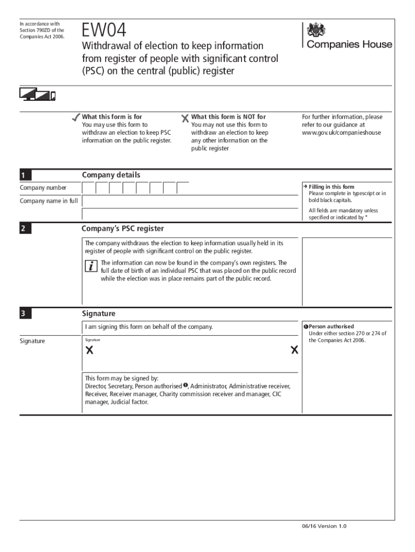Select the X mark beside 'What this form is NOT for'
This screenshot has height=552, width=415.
point(185,118)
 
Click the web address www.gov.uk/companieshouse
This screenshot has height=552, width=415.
point(341,133)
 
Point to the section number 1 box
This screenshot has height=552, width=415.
point(25,175)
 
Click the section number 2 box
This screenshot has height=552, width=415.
point(25,229)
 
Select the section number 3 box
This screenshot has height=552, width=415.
point(25,314)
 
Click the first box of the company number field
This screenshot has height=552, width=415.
point(89,188)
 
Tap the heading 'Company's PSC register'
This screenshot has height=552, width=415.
point(123,229)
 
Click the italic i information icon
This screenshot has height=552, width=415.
point(92,266)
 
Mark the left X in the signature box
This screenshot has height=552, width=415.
point(89,350)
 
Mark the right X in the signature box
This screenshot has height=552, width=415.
point(294,350)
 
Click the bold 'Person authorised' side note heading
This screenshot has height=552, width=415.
point(331,327)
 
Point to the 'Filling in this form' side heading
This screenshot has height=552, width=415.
point(331,187)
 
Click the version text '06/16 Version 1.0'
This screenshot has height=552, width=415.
point(324,526)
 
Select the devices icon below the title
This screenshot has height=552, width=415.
point(38,94)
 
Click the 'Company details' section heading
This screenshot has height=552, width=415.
point(111,175)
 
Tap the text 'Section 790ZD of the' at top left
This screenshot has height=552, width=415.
point(41,30)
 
